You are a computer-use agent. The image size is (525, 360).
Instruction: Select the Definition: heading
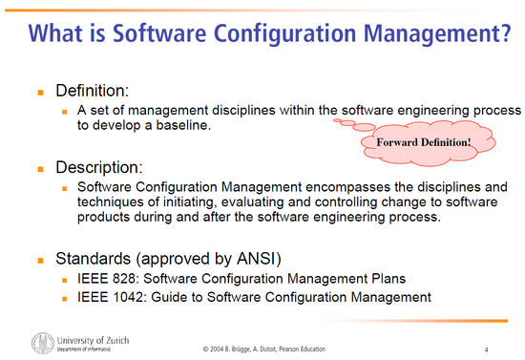coord(94,92)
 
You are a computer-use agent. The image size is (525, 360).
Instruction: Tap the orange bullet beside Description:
coord(41,167)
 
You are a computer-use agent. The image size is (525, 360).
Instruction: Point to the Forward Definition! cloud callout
coord(417,142)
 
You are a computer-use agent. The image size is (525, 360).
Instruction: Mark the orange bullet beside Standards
coord(41,259)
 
